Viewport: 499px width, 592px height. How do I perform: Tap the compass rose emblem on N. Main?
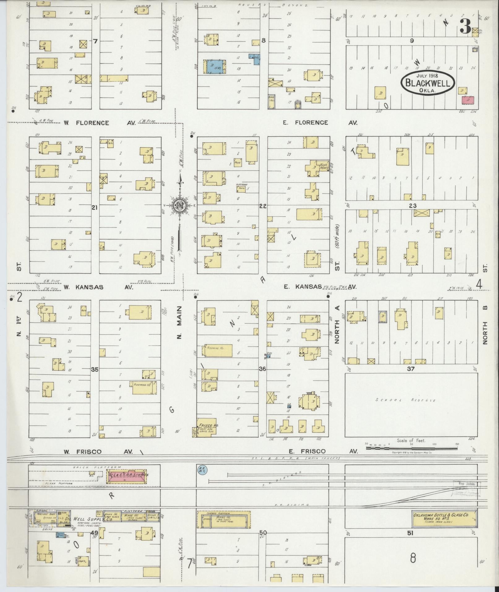[179, 206]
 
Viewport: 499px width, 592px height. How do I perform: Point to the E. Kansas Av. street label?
[320, 287]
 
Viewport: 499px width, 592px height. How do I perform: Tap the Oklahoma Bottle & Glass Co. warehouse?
[444, 518]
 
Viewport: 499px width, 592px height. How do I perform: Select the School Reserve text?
[405, 400]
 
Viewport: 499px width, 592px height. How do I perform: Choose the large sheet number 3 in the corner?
[465, 27]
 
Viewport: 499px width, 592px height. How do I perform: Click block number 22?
[263, 206]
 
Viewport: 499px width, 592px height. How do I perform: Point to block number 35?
[95, 369]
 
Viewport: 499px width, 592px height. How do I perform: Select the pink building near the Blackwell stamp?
[468, 100]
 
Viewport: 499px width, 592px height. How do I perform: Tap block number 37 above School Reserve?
[411, 369]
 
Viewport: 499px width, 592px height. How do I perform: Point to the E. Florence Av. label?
[320, 123]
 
